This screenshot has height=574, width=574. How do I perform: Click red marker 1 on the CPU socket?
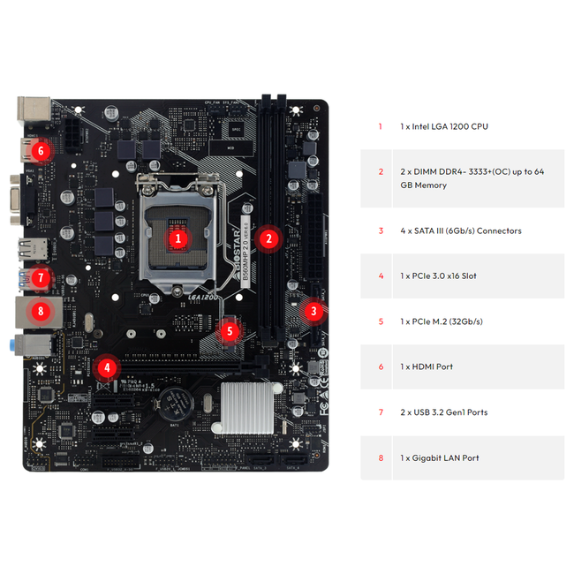tap(177, 238)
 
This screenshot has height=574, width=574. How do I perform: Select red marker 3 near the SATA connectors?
tap(313, 311)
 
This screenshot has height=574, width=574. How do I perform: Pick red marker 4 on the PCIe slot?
tap(107, 367)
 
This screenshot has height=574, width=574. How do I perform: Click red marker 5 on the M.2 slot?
tap(230, 332)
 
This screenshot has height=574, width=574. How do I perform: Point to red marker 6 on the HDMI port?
tap(41, 151)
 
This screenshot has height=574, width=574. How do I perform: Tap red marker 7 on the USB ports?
tap(40, 278)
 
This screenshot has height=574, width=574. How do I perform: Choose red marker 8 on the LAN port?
tap(40, 311)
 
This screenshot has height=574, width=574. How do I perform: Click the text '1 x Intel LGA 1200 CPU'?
tap(443, 126)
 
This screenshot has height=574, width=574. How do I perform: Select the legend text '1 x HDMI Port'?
tap(426, 366)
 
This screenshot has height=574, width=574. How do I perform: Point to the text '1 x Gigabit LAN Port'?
tap(439, 457)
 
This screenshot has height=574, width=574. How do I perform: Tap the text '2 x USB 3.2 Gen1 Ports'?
tap(443, 412)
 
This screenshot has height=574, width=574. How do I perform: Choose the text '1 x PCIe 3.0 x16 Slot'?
tap(438, 276)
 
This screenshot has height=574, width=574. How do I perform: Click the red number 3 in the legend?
tap(381, 230)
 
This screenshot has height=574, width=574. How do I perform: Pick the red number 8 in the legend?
tap(381, 457)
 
